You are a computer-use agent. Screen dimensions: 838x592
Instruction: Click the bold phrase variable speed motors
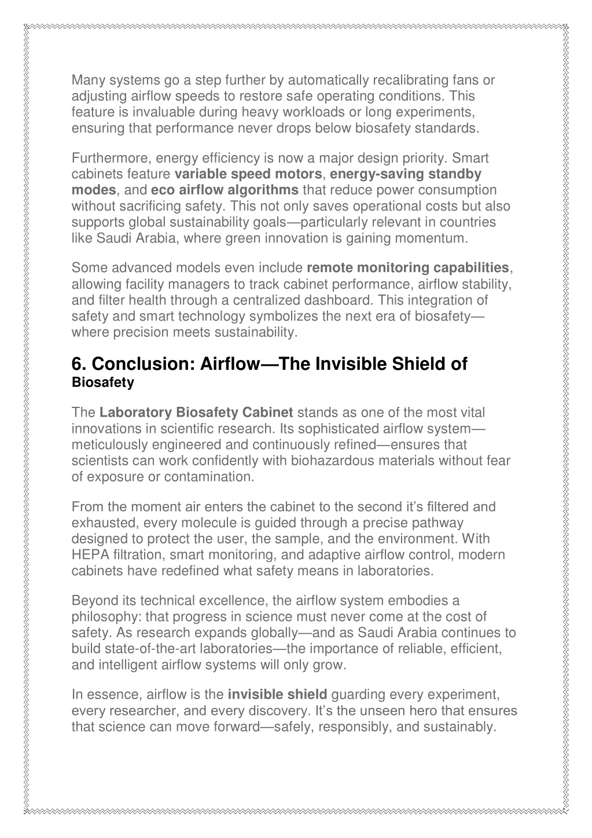click(248, 174)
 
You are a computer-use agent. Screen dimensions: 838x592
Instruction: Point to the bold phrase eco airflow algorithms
click(225, 190)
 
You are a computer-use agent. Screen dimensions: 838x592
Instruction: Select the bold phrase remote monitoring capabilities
click(407, 268)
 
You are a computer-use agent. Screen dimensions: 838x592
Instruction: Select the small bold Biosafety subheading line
click(102, 383)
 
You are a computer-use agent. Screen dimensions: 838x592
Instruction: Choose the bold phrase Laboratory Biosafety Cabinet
click(197, 413)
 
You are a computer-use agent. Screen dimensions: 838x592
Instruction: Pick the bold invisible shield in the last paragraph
click(278, 694)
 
